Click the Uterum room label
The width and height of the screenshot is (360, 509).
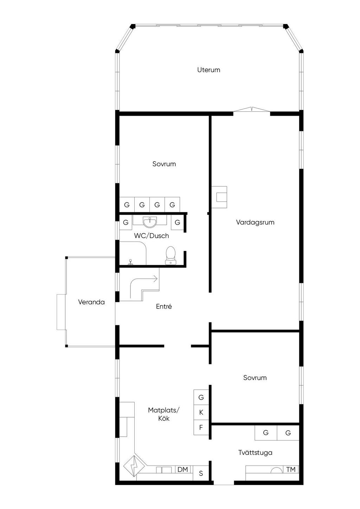click(208, 70)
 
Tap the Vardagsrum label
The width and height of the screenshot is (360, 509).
click(255, 222)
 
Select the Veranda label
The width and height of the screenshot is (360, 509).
click(91, 302)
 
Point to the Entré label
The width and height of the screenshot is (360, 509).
click(164, 306)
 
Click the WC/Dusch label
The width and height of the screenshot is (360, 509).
click(152, 236)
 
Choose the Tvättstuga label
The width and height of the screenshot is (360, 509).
click(255, 452)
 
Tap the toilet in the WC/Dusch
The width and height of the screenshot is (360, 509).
click(171, 256)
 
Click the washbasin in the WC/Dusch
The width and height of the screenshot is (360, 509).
click(150, 222)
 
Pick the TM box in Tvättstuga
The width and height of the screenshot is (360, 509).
click(291, 470)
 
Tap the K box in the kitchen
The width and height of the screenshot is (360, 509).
click(201, 412)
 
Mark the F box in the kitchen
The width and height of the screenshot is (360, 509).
click(201, 427)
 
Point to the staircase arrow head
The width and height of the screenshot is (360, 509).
click(156, 279)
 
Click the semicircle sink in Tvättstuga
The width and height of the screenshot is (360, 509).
click(276, 470)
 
